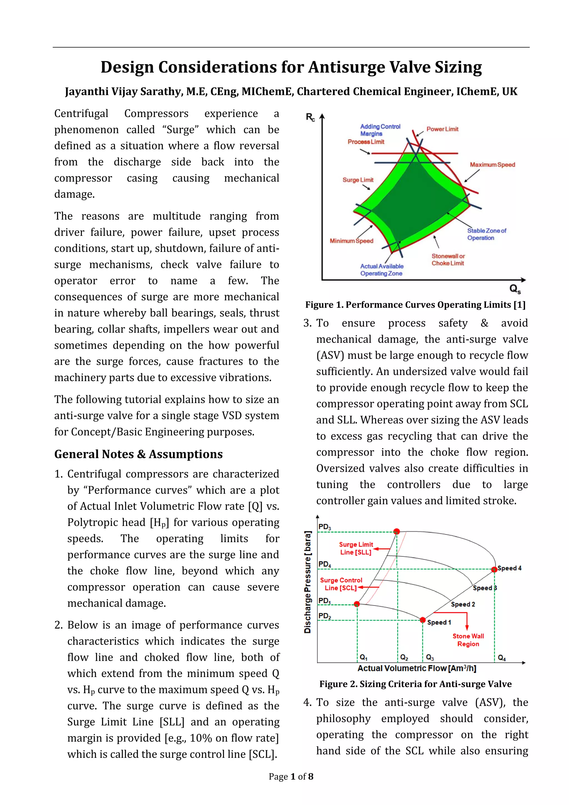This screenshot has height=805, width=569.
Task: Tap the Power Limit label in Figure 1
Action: pos(442,129)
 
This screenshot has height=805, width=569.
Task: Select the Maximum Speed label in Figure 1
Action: pos(492,165)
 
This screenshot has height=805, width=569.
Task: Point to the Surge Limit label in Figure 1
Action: pos(358,180)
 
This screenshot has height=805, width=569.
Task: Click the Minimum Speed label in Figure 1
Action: pos(351,241)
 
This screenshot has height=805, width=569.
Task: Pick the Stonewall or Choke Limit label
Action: pos(448,260)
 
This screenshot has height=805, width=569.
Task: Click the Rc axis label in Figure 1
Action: pos(310,117)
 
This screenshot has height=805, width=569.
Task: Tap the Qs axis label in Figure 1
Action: pos(515,289)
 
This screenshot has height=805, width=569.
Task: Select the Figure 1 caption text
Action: pos(415,305)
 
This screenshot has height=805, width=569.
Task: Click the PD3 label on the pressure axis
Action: pos(325,527)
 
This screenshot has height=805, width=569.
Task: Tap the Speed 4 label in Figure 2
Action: pos(510,568)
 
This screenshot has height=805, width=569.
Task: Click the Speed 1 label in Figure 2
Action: pos(439,622)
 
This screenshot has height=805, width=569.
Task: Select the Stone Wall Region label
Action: pos(468,640)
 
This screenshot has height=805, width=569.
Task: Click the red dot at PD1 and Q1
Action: pos(357,604)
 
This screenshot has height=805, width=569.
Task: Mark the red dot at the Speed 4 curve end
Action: pos(494,569)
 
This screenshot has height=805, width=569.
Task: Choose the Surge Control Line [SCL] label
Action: pos(341,584)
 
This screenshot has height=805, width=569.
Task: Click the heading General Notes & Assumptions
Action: pos(138,454)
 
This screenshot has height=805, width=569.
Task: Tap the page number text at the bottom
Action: pos(291,777)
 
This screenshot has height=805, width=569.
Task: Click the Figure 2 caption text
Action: pos(415,684)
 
